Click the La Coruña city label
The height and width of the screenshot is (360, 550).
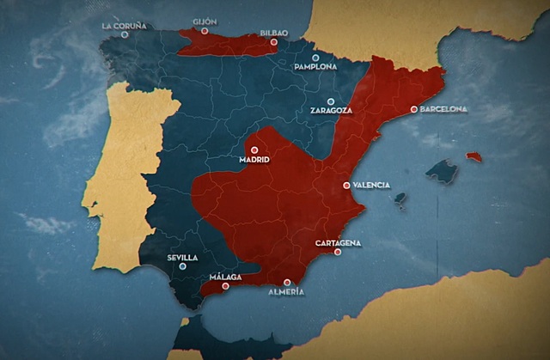pyautogui.click(x=125, y=25)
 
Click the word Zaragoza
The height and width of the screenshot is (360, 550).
pyautogui.click(x=331, y=111)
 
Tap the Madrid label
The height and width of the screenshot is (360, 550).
pyautogui.click(x=254, y=160)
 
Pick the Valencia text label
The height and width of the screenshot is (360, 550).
pyautogui.click(x=371, y=185)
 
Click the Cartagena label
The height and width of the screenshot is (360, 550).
pyautogui.click(x=338, y=243)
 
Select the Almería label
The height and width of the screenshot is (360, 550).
pyautogui.click(x=286, y=292)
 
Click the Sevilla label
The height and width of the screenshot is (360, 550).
pyautogui.click(x=182, y=257)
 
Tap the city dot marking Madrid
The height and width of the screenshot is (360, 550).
pyautogui.click(x=254, y=149)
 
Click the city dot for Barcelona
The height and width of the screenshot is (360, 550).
pyautogui.click(x=413, y=109)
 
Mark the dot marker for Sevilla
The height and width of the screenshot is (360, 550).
pyautogui.click(x=182, y=266)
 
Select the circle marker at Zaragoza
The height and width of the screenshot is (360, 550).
pyautogui.click(x=330, y=101)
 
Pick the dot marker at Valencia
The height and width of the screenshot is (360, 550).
pyautogui.click(x=346, y=185)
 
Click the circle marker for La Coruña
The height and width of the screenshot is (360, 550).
pyautogui.click(x=125, y=34)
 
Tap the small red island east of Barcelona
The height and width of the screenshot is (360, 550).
pyautogui.click(x=474, y=157)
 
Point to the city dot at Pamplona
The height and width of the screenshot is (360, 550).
pyautogui.click(x=315, y=57)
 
